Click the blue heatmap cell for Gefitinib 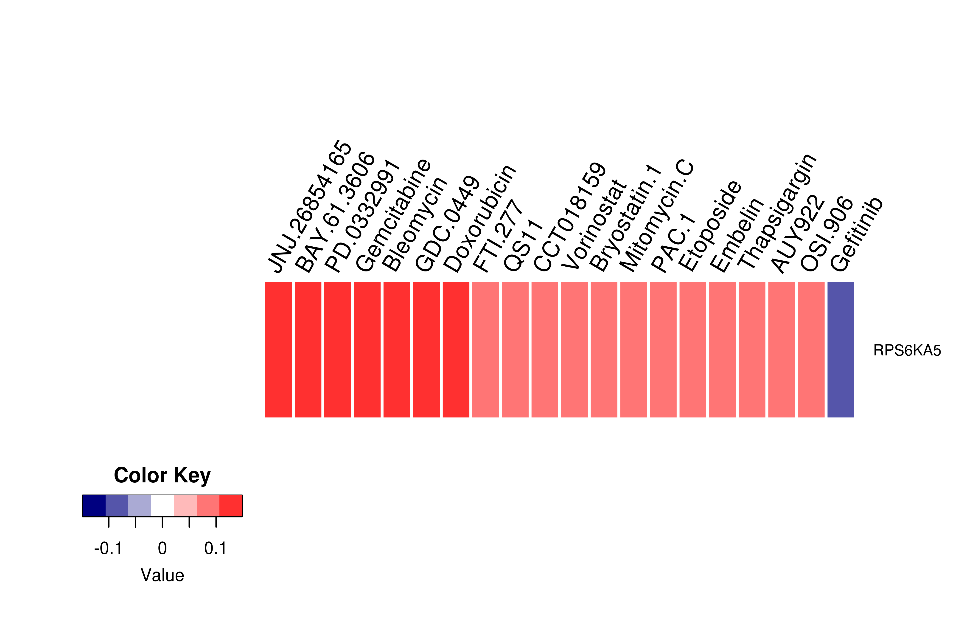coord(841,349)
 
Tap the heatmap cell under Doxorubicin coord(456,349)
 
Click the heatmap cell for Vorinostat coord(574,349)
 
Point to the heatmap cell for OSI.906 coord(811,349)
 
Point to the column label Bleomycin coord(415,224)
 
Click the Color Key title coord(162,476)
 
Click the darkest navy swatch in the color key coord(94,506)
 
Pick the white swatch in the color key coord(163,506)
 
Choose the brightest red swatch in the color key coord(231,506)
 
